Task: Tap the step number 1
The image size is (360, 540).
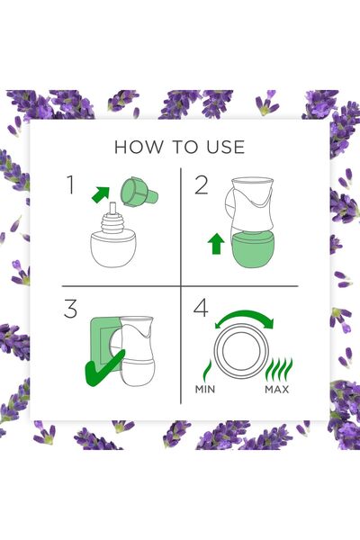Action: pyautogui.click(x=70, y=184)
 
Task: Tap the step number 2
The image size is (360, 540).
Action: pyautogui.click(x=202, y=184)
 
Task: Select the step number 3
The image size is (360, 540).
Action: pyautogui.click(x=70, y=309)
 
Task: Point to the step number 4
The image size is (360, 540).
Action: pyautogui.click(x=201, y=308)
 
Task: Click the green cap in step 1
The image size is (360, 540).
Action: pyautogui.click(x=139, y=192)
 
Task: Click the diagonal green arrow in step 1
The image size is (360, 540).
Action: pyautogui.click(x=101, y=194)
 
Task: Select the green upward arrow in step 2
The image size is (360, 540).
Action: pyautogui.click(x=216, y=244)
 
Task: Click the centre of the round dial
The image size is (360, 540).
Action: pyautogui.click(x=241, y=350)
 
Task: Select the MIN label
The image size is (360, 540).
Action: pyautogui.click(x=205, y=390)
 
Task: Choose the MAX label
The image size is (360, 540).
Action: pyautogui.click(x=277, y=390)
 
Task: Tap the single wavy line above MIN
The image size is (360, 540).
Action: pyautogui.click(x=207, y=370)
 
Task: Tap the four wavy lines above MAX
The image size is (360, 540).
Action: pyautogui.click(x=280, y=369)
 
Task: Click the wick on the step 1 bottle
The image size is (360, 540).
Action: pyautogui.click(x=112, y=210)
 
